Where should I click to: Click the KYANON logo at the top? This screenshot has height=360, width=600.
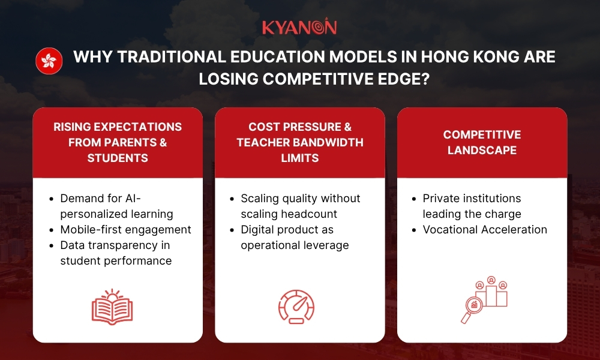coord(299,28)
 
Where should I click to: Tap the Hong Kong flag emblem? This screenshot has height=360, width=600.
coord(49,61)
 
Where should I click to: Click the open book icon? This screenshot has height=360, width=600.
coord(112,307)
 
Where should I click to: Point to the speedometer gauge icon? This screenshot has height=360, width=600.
coord(296,307)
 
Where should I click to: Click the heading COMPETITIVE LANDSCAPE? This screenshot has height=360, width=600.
coord(482,142)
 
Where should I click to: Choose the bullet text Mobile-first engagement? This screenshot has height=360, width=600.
coord(125,229)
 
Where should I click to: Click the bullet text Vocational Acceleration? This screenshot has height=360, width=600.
coord(485,229)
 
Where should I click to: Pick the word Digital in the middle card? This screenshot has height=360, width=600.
coord(259,229)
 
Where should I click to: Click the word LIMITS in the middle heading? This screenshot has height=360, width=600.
coord(299,158)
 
